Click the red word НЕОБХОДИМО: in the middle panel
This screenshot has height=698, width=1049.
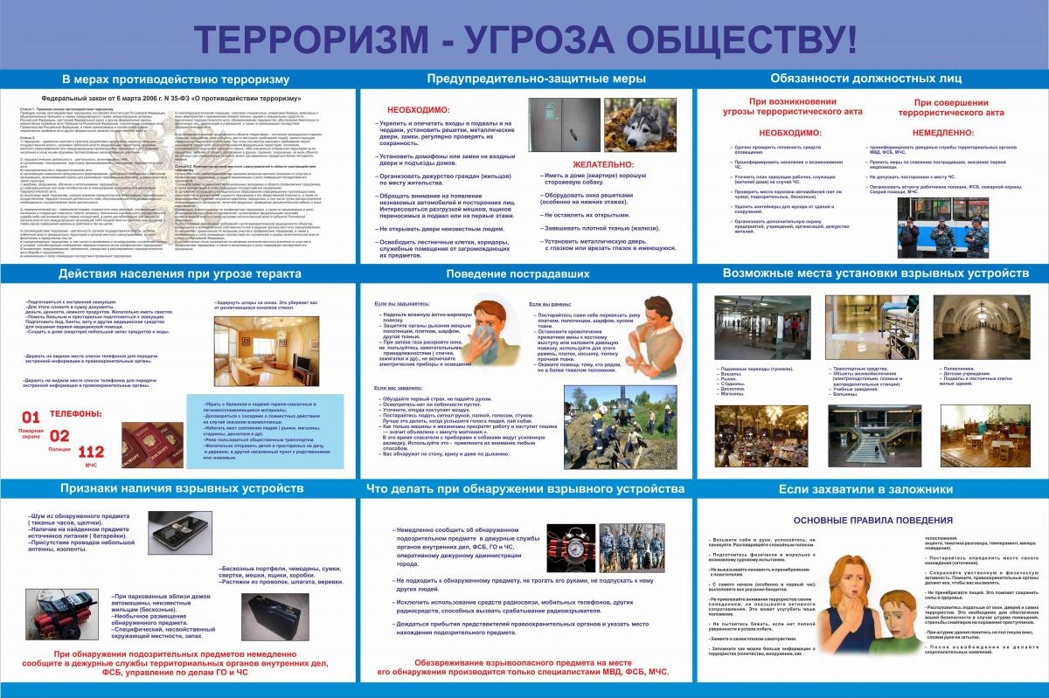[x=418, y=110]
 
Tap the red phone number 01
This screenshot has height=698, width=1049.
[x=30, y=417]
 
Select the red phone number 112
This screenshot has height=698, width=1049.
[x=91, y=452]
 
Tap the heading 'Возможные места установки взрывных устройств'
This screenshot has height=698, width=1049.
[x=876, y=274]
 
